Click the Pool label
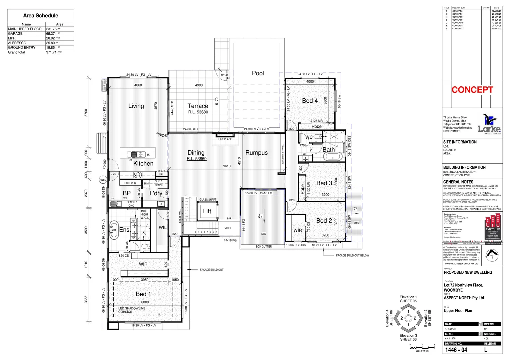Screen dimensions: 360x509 [x=257, y=73]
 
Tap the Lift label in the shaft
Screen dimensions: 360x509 [x=207, y=211]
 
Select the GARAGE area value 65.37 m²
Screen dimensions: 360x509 [x=53, y=34]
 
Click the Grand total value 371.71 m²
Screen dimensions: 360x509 [x=54, y=52]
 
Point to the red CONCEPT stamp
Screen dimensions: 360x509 [x=472, y=90]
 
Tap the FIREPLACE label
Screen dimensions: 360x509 [x=225, y=139]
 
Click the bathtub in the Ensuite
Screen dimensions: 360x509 [x=114, y=230]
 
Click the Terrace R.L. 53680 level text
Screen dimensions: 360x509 [x=198, y=112]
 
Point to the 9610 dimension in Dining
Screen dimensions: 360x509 [x=227, y=166]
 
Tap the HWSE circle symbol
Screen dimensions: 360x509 [x=103, y=180]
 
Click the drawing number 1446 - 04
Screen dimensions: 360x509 [x=456, y=350]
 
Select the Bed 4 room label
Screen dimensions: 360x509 [x=310, y=101]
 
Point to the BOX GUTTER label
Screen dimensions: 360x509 [x=264, y=247]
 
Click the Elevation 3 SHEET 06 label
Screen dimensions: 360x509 [x=408, y=337]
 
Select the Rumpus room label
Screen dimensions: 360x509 [x=256, y=153]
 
